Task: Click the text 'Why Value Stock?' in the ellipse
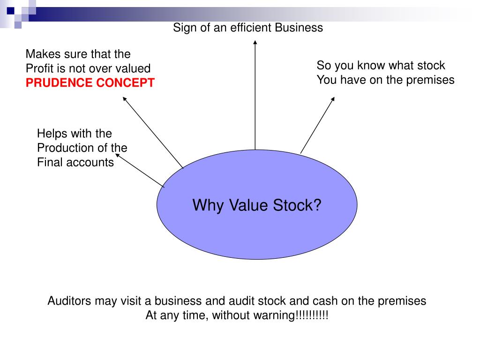click(257, 205)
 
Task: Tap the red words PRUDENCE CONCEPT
click(90, 83)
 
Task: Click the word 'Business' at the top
click(299, 28)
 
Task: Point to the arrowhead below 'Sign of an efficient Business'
click(255, 43)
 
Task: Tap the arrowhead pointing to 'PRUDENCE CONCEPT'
click(125, 98)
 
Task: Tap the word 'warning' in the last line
click(276, 315)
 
